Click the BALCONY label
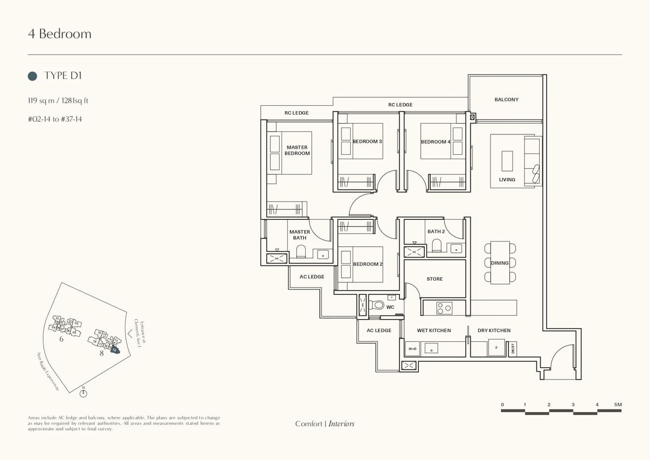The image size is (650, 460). pyautogui.click(x=506, y=99)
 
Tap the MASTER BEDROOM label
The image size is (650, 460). pyautogui.click(x=297, y=150)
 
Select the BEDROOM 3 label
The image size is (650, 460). pyautogui.click(x=367, y=141)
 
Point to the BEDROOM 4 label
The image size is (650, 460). pyautogui.click(x=435, y=142)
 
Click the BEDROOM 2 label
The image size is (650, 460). pyautogui.click(x=367, y=264)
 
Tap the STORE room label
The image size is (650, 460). pyautogui.click(x=435, y=279)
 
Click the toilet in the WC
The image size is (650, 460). pyautogui.click(x=377, y=305)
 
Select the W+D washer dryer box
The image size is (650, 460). pyautogui.click(x=412, y=349)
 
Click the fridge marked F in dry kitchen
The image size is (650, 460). pyautogui.click(x=496, y=347)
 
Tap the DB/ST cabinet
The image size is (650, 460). pyautogui.click(x=513, y=349)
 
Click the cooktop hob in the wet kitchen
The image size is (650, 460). pyautogui.click(x=444, y=308)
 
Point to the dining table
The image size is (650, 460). pyautogui.click(x=500, y=262)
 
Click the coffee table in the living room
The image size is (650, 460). pyautogui.click(x=507, y=161)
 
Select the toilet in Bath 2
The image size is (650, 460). pyautogui.click(x=436, y=246)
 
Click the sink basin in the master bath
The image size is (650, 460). pyautogui.click(x=323, y=254)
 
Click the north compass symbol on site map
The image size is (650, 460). pyautogui.click(x=83, y=393)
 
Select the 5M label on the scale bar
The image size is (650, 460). pyautogui.click(x=617, y=405)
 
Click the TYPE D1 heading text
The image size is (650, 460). pyautogui.click(x=63, y=75)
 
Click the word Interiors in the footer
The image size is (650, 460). pyautogui.click(x=341, y=423)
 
